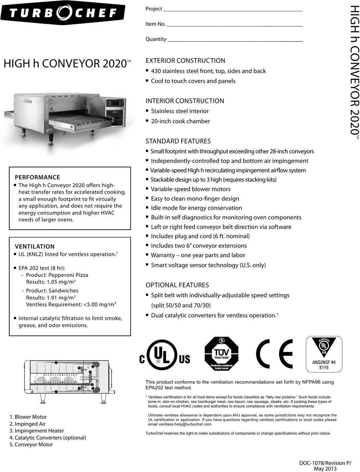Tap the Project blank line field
[x=233, y=9]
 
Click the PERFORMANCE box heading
[x=37, y=177]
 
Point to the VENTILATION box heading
[x=35, y=246]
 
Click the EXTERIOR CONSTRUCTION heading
[x=185, y=61]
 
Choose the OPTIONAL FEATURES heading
[x=177, y=285]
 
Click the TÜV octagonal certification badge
[x=221, y=354]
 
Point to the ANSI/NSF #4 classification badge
[x=324, y=354]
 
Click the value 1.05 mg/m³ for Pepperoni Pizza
[x=51, y=282]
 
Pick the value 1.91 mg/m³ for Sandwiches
[x=51, y=298]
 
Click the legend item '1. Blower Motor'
[x=28, y=417]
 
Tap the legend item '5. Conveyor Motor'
[x=31, y=445]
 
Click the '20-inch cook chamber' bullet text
[x=180, y=121]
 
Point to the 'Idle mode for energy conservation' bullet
[x=196, y=208]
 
